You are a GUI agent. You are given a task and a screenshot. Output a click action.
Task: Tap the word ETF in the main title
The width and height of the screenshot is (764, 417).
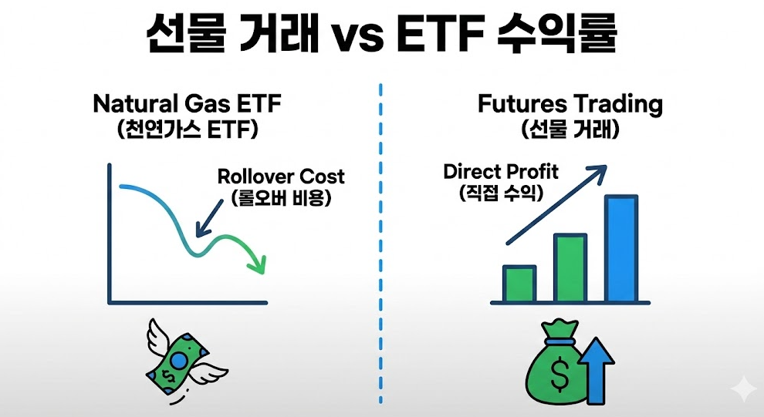[x=441, y=35]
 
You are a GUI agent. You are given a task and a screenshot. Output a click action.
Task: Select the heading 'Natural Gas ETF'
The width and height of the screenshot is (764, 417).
[x=187, y=103]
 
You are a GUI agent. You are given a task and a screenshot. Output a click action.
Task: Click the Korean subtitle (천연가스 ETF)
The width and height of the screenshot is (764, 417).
[x=187, y=130]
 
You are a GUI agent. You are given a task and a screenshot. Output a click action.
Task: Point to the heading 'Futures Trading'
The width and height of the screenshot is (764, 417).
[x=570, y=105]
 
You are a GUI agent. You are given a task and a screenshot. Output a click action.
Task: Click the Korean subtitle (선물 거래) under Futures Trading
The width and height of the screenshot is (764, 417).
[x=570, y=130]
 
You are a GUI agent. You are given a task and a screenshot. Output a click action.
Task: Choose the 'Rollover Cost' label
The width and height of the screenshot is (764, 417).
[x=281, y=177]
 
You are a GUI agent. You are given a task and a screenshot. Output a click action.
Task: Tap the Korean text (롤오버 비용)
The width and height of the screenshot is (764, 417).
[x=281, y=197]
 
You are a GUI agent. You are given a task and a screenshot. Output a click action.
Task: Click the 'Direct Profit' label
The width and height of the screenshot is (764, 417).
[x=501, y=172]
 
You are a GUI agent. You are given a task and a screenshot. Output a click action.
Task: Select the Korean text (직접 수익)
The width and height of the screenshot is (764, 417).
[x=501, y=193]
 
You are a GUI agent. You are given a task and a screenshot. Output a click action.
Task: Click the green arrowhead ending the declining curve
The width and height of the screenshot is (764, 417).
[x=258, y=264]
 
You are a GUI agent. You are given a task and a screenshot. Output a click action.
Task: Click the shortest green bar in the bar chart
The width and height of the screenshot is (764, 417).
[x=519, y=284]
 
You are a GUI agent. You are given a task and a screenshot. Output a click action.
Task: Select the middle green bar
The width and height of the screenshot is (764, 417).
[x=570, y=268]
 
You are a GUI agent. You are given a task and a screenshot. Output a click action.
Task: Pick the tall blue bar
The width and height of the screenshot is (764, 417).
[x=621, y=249]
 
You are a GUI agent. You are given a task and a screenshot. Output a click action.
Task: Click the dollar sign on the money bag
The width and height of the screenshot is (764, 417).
[x=559, y=374]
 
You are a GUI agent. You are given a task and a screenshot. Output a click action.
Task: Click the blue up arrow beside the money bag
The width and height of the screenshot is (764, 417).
[x=597, y=370]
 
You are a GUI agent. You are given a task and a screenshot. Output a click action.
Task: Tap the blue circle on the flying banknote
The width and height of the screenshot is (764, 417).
[x=179, y=361]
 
